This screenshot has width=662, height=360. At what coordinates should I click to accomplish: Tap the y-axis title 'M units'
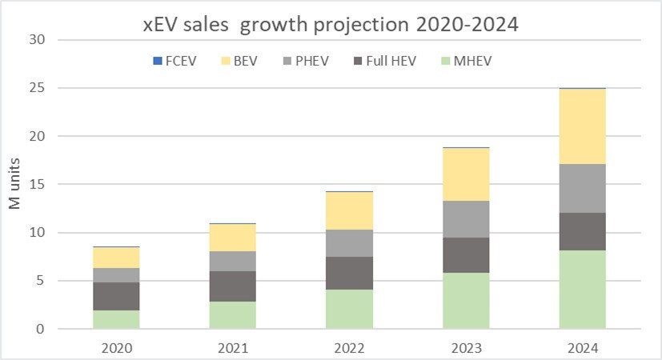pos(15,186)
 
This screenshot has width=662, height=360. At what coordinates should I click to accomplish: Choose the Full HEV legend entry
pos(400,61)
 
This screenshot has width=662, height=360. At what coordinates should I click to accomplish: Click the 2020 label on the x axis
pos(116,349)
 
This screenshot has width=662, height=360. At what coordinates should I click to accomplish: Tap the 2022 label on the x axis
pos(350,349)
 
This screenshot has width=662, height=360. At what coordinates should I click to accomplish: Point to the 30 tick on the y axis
pos(38,40)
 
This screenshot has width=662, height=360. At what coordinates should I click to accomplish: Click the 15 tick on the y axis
pos(38,185)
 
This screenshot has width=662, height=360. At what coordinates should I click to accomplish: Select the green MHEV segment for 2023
pos(466,301)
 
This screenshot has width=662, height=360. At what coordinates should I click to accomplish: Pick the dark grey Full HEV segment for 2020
pos(116,296)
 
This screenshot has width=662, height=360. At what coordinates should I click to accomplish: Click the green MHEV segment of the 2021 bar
pos(233,315)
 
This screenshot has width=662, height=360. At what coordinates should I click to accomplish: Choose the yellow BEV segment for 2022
pos(350,211)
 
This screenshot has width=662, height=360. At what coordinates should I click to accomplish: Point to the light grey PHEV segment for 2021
pos(233,261)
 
